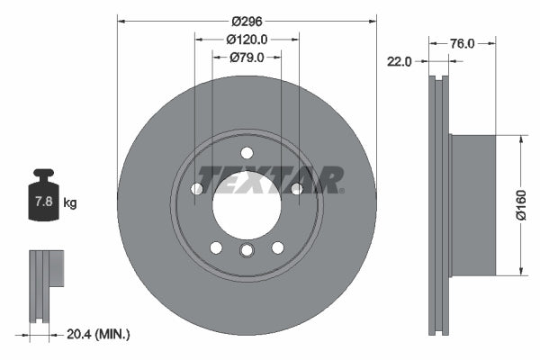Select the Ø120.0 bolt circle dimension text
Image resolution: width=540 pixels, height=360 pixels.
[247, 40]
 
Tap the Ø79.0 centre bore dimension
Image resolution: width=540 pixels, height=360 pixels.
[246, 58]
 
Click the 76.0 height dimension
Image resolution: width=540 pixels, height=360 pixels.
[462, 42]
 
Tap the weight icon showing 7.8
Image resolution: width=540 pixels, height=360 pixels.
[43, 200]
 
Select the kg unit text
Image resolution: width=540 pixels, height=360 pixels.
[70, 203]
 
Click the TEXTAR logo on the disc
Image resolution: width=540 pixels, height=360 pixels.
[271, 179]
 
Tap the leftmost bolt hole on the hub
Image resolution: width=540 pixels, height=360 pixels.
[197, 188]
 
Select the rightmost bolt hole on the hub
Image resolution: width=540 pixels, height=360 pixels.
[296, 188]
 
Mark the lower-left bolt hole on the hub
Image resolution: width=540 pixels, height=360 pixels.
[216, 247]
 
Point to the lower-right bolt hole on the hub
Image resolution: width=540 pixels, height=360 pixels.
[277, 247]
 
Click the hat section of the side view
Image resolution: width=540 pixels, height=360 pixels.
[472, 205]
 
